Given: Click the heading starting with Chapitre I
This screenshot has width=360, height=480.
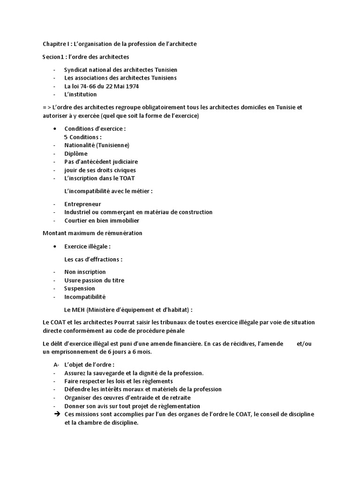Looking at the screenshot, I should [x=120, y=44].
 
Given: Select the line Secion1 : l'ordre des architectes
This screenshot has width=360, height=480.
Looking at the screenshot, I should [x=86, y=57].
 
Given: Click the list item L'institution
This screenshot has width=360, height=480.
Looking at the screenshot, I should [x=81, y=94].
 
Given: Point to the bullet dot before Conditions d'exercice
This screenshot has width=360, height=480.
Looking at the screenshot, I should [x=56, y=128].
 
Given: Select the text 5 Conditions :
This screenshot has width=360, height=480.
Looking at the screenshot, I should [x=83, y=137].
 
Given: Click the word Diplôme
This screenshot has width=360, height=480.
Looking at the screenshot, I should [x=76, y=153].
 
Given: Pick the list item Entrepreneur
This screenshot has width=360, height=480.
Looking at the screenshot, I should [x=82, y=204].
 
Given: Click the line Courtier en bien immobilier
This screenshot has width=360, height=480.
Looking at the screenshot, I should [x=102, y=220].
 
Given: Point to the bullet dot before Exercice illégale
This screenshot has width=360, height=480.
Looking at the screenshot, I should [x=56, y=247].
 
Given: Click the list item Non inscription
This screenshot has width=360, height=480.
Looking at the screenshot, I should [x=85, y=272].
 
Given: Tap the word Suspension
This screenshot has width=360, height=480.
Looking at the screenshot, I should [x=80, y=289].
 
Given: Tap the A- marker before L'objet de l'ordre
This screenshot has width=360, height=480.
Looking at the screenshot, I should [x=56, y=365].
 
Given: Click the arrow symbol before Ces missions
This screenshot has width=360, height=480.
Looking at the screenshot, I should [x=56, y=414].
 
